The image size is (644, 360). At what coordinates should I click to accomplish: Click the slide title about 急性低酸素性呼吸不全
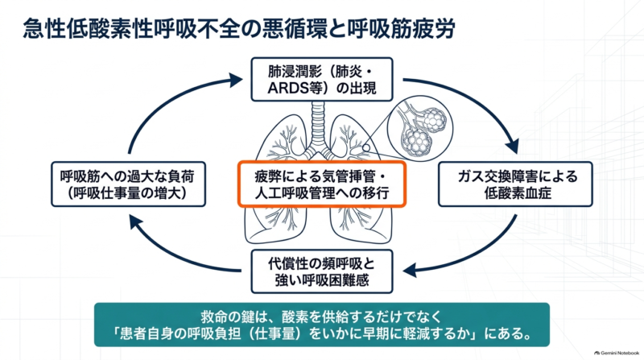238,29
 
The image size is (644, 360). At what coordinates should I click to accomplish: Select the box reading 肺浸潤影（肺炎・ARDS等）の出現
321,79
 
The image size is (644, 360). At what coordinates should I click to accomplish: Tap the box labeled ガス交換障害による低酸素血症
515,184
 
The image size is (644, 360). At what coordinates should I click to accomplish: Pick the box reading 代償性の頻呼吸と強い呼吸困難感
321,271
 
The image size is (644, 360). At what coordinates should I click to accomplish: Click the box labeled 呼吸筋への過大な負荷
128,184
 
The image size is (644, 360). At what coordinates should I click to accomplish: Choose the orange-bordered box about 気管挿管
321,184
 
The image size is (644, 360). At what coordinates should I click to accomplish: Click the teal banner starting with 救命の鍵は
321,325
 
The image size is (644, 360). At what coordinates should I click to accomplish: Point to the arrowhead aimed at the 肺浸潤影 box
235,80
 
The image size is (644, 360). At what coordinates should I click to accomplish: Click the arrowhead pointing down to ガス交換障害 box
512,147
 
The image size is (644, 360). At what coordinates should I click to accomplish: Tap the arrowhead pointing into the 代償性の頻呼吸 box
411,270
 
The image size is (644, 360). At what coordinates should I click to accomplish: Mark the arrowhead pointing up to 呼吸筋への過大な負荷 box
136,222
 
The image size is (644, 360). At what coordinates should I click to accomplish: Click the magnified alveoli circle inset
419,128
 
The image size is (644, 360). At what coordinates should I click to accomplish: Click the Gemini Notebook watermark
617,353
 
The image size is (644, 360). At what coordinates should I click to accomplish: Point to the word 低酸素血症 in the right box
518,192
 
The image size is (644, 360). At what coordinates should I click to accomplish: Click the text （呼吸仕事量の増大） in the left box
128,192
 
